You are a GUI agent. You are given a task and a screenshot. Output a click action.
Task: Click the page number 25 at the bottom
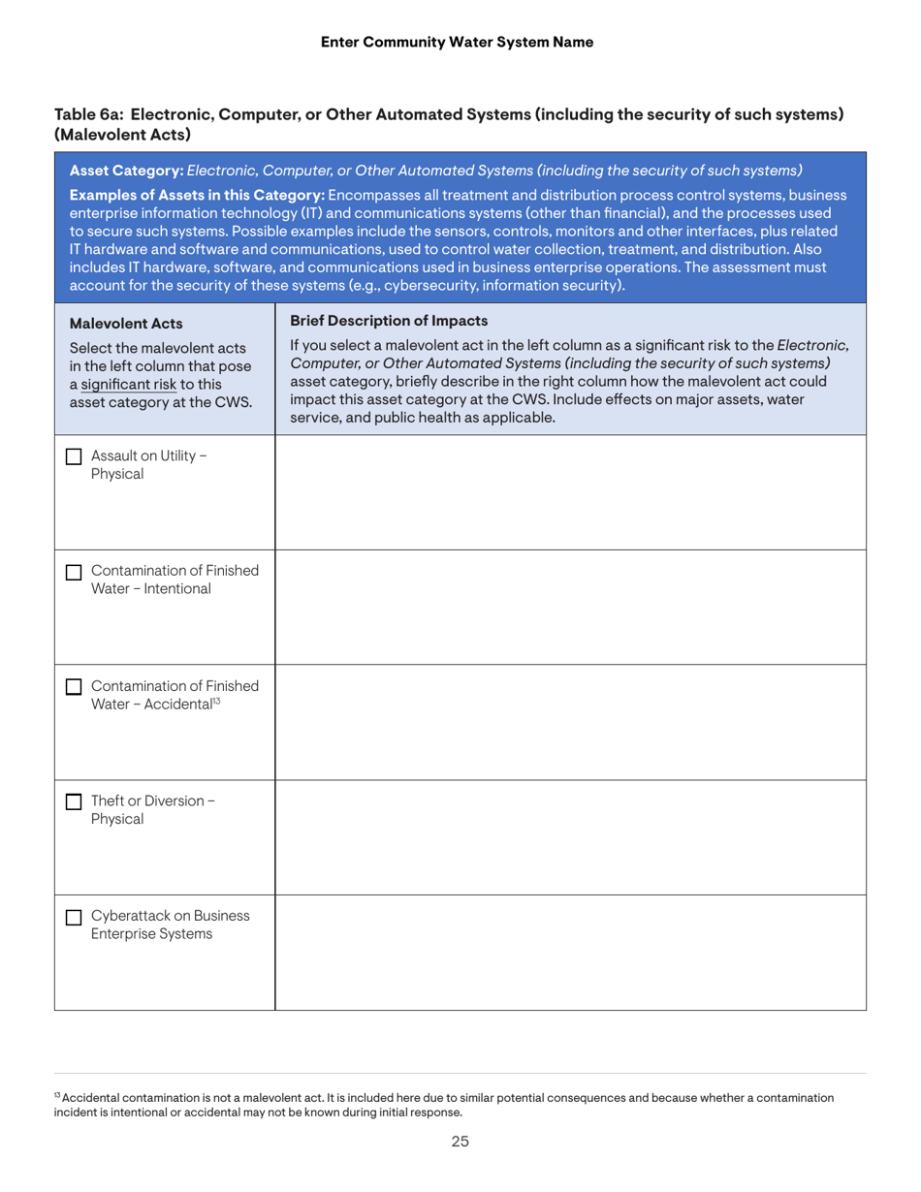[460, 1142]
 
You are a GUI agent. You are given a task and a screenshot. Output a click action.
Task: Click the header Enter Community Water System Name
[460, 41]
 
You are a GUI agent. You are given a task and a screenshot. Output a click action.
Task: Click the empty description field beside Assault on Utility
[570, 492]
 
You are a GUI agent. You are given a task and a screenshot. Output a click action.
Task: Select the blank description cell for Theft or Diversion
[570, 837]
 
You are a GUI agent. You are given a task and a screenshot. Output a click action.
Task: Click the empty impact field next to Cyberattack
[570, 952]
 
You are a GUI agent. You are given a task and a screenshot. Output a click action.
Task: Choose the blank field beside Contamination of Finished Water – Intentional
[570, 607]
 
